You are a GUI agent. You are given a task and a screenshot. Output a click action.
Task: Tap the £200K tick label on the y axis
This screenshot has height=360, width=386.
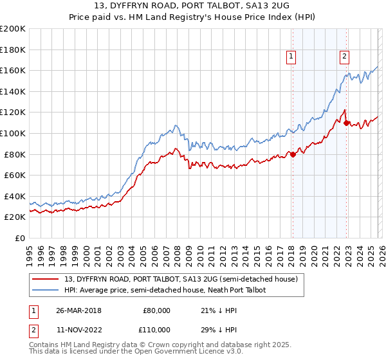coord(13,29)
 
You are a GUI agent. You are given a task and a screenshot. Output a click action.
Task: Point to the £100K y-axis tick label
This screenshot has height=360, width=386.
coord(13,133)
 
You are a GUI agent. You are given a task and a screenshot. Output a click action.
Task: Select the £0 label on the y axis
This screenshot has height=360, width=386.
coord(19,238)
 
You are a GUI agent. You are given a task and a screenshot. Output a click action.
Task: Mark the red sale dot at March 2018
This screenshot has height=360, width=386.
coord(293,154)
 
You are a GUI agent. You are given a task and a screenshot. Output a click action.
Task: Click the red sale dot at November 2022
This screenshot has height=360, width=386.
coord(347,123)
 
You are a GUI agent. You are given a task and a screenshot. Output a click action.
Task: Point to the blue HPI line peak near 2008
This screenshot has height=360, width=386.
coord(176,125)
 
